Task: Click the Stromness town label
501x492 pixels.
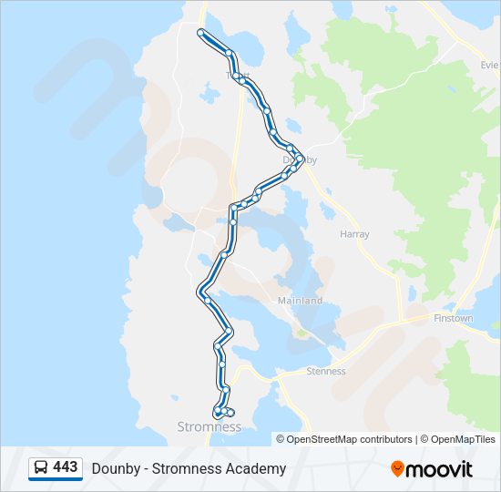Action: click(x=209, y=426)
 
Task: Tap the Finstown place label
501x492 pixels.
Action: click(x=453, y=319)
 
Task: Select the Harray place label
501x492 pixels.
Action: click(x=354, y=234)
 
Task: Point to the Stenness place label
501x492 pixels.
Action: click(x=326, y=371)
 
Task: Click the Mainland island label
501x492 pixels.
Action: click(x=301, y=301)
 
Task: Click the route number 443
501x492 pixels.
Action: click(x=66, y=467)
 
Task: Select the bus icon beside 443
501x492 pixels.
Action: click(x=41, y=468)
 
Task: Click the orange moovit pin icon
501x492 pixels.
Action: click(x=397, y=468)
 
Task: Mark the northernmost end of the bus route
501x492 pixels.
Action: click(x=201, y=32)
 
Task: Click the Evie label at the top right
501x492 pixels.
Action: click(x=491, y=66)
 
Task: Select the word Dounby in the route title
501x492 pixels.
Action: click(x=113, y=468)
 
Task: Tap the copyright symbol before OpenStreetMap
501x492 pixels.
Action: click(x=281, y=439)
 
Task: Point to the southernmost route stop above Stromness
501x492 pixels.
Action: click(x=218, y=414)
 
